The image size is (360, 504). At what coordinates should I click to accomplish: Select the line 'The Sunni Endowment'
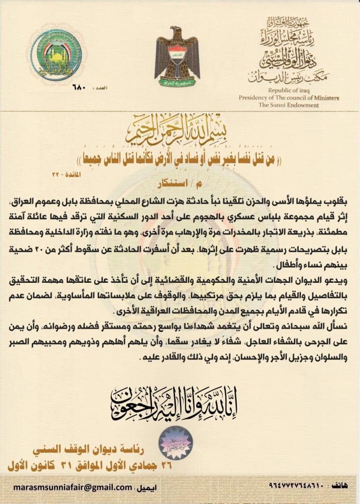(288, 105)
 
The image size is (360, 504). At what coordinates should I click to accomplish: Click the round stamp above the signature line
(175, 441)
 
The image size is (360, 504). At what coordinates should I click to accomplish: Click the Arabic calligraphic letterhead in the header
(289, 50)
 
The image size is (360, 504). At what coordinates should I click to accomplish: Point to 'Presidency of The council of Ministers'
(288, 98)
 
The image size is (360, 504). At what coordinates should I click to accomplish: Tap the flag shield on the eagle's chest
(177, 52)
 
